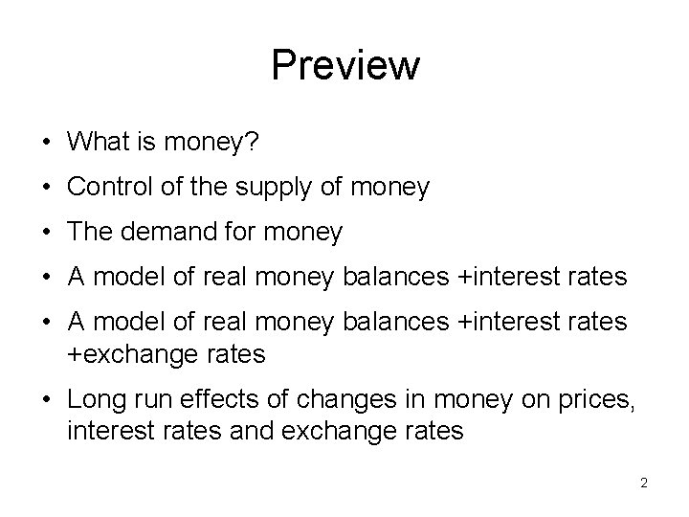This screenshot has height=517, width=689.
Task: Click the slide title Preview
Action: (x=344, y=66)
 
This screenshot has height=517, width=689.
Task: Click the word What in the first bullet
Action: (x=96, y=142)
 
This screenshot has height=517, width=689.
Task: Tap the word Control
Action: (x=105, y=188)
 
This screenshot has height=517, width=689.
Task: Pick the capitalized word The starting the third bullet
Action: (x=91, y=233)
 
